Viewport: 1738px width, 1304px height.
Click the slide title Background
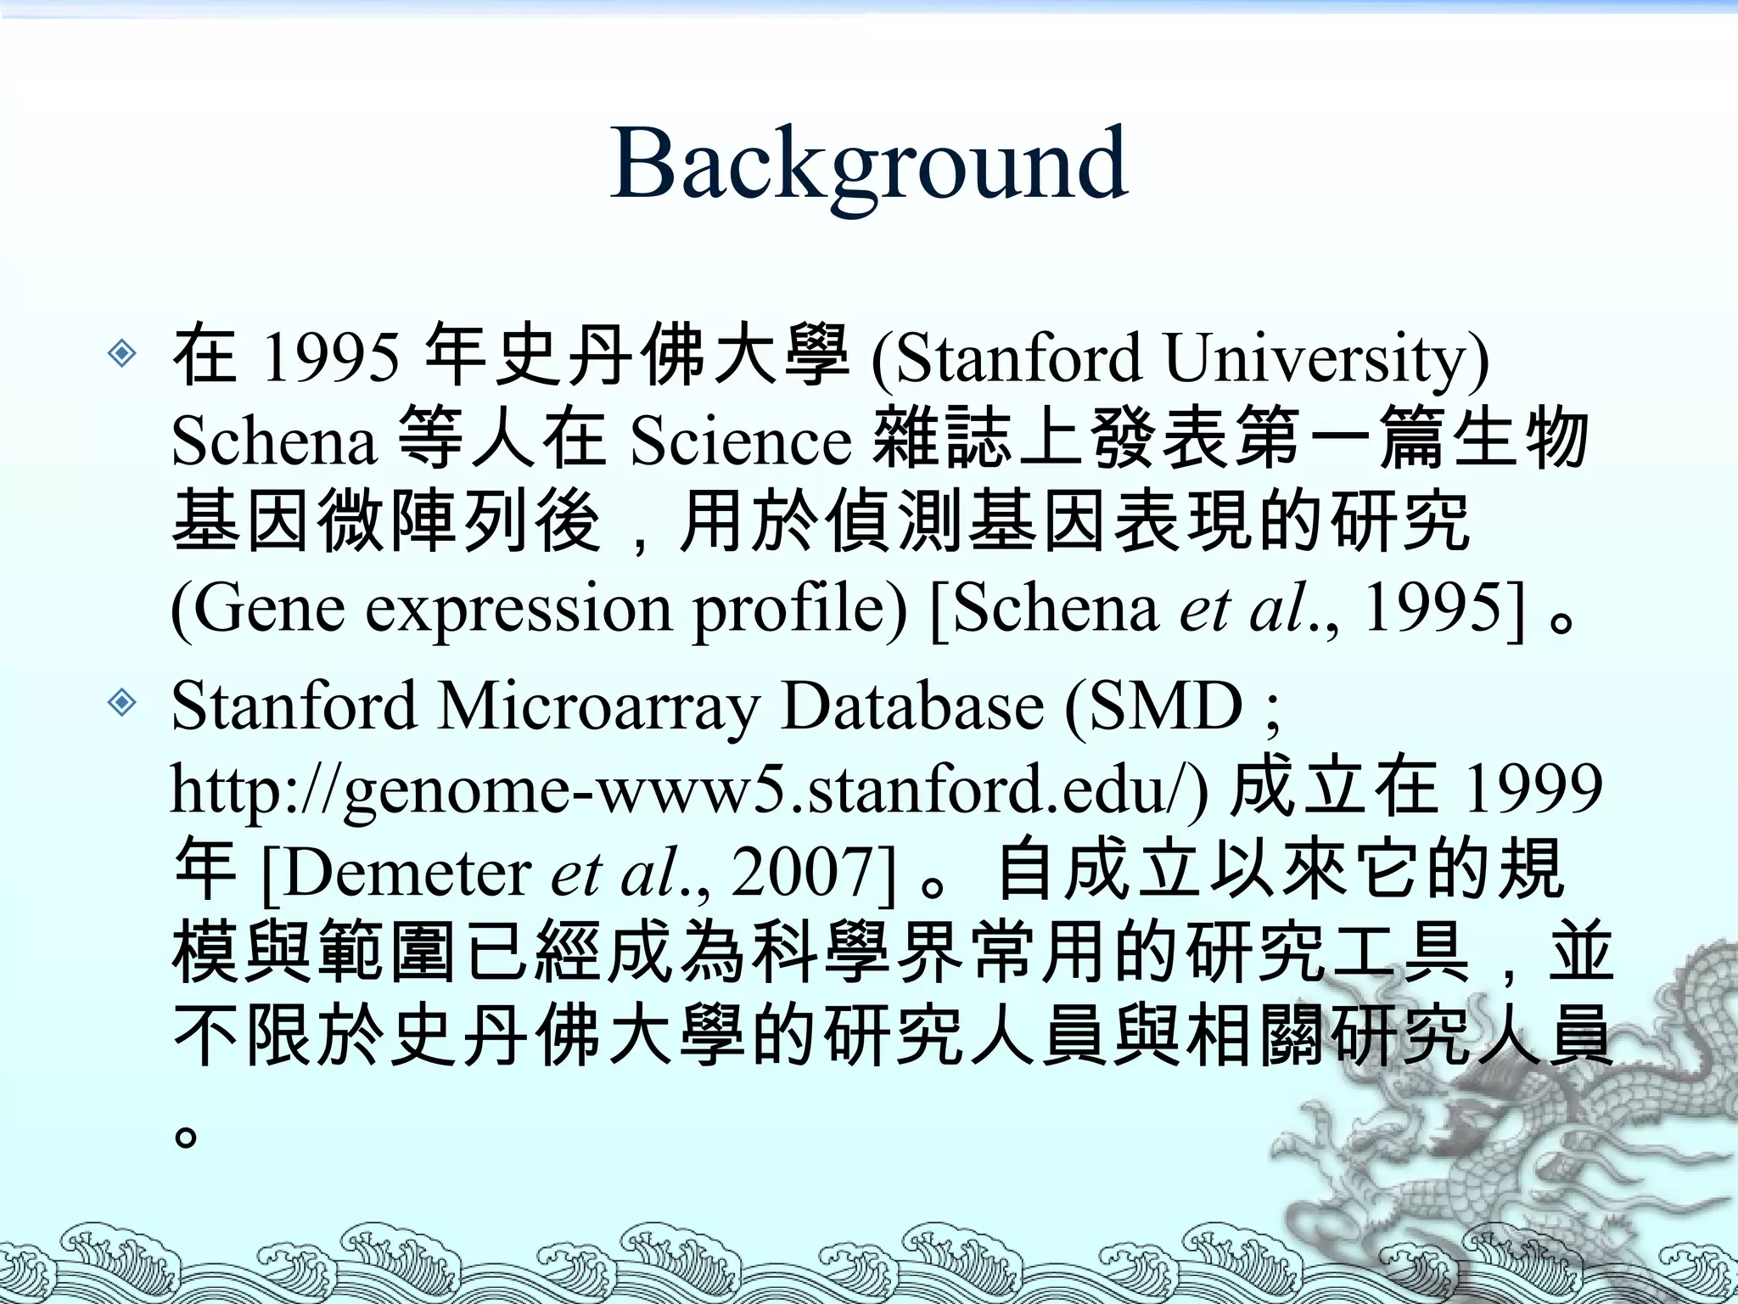[x=869, y=163]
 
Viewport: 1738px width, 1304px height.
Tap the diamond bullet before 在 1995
[x=123, y=352]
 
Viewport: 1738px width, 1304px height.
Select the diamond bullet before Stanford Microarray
[x=123, y=702]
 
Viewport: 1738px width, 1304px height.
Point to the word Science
[x=740, y=441]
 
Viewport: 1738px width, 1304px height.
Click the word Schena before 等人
[x=273, y=441]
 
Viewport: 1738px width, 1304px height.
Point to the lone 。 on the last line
[x=186, y=1134]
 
